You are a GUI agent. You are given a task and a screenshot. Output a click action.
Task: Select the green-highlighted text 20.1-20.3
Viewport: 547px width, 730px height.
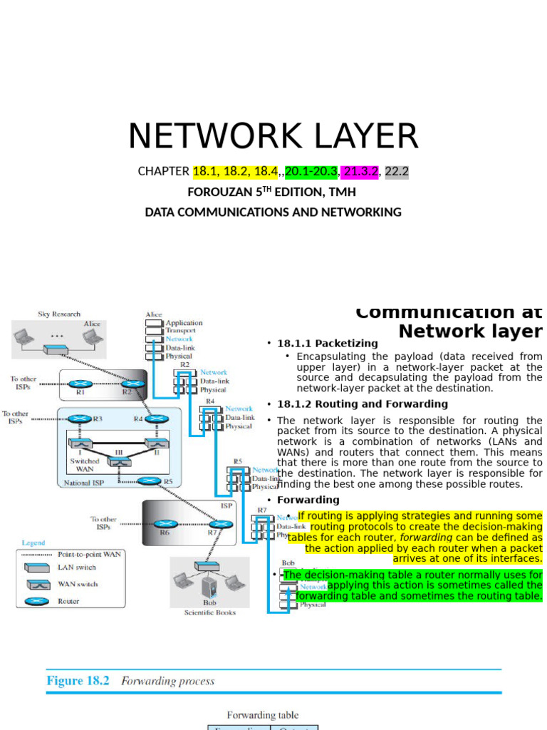click(x=311, y=172)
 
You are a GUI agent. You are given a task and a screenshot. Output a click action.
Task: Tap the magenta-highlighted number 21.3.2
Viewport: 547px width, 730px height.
click(x=360, y=172)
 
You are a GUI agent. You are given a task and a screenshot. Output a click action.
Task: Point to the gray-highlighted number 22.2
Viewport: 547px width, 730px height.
click(x=397, y=172)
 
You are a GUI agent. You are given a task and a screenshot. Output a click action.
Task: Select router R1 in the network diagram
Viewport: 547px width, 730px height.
click(x=80, y=384)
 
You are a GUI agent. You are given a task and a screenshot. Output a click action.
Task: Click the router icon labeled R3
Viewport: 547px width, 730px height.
click(x=80, y=419)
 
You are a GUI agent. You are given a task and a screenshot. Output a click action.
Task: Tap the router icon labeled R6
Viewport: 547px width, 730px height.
click(x=165, y=524)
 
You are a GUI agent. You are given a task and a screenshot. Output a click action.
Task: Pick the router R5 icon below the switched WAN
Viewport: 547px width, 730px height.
click(x=150, y=480)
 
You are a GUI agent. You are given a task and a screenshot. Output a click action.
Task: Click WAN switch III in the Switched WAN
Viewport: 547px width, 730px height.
click(x=119, y=462)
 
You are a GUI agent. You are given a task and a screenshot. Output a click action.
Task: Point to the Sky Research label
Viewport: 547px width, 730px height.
click(x=59, y=314)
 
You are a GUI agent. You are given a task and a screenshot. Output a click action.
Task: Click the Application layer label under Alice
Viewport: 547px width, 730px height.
click(x=184, y=323)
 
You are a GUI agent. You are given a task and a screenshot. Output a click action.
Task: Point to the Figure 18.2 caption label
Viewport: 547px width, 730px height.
click(x=78, y=681)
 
